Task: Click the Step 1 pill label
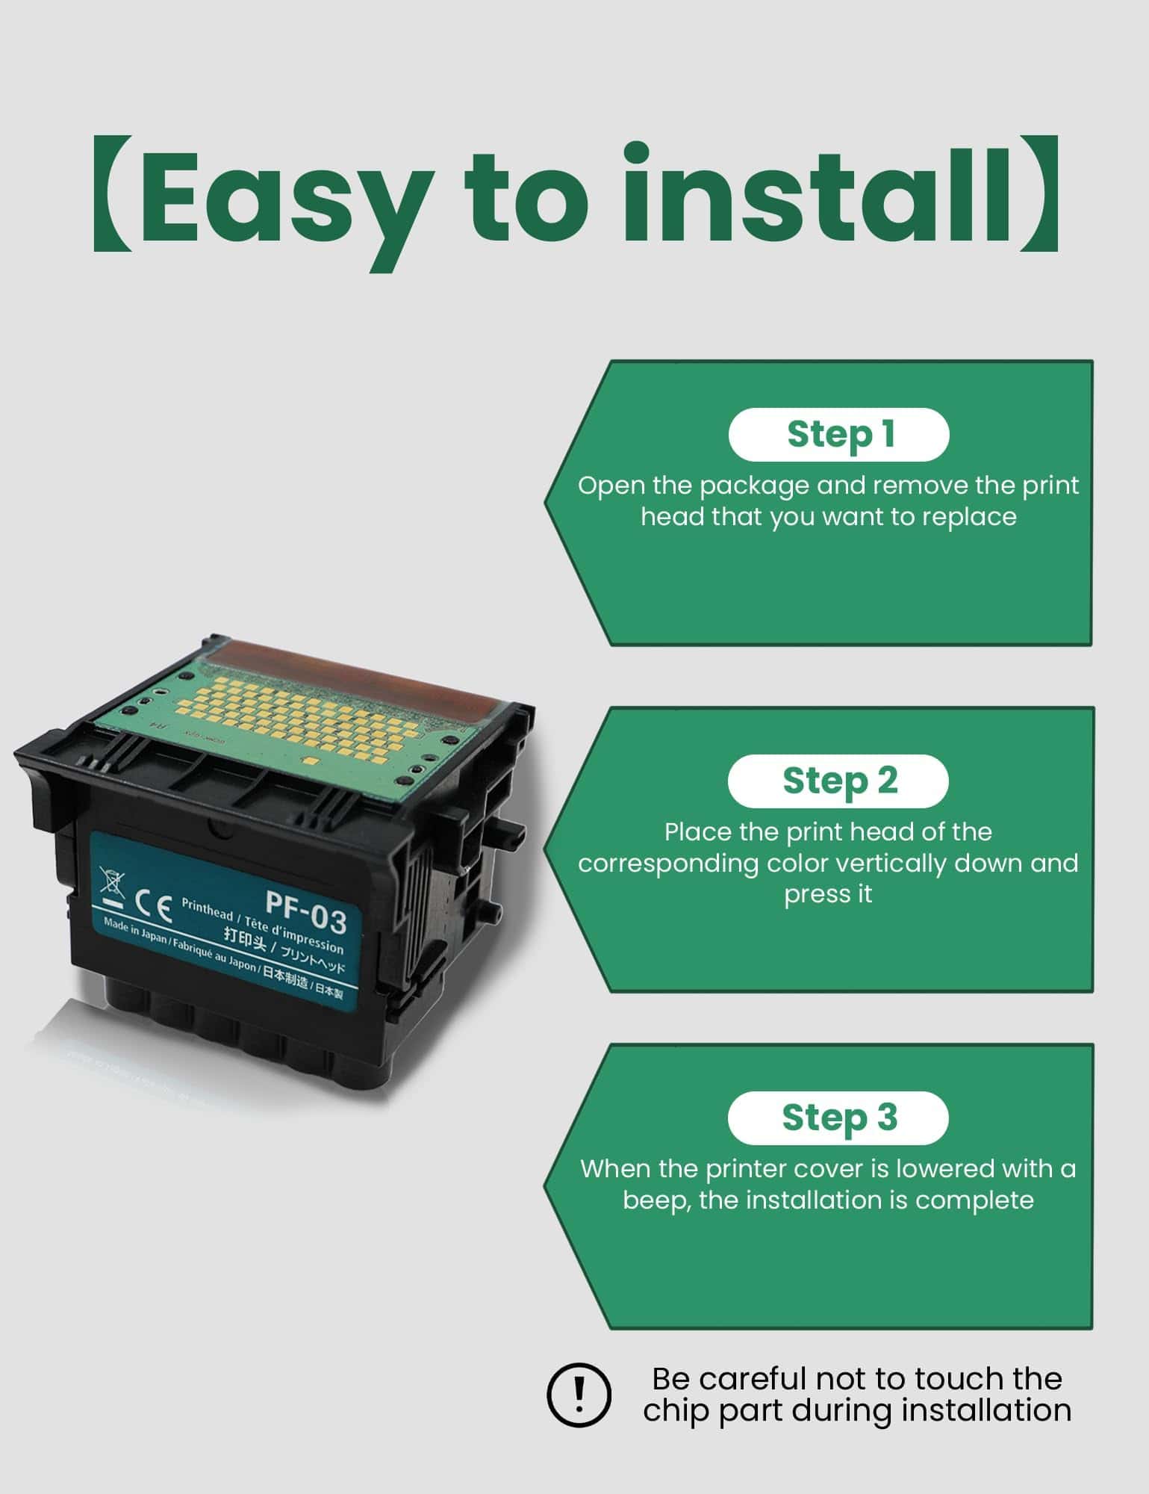(x=838, y=435)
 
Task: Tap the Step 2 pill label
(x=838, y=781)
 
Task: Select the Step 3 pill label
(x=838, y=1118)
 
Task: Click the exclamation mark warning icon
(x=579, y=1394)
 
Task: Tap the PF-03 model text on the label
(x=306, y=913)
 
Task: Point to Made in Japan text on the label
(x=135, y=929)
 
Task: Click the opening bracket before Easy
(x=112, y=194)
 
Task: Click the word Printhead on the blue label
(x=207, y=908)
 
